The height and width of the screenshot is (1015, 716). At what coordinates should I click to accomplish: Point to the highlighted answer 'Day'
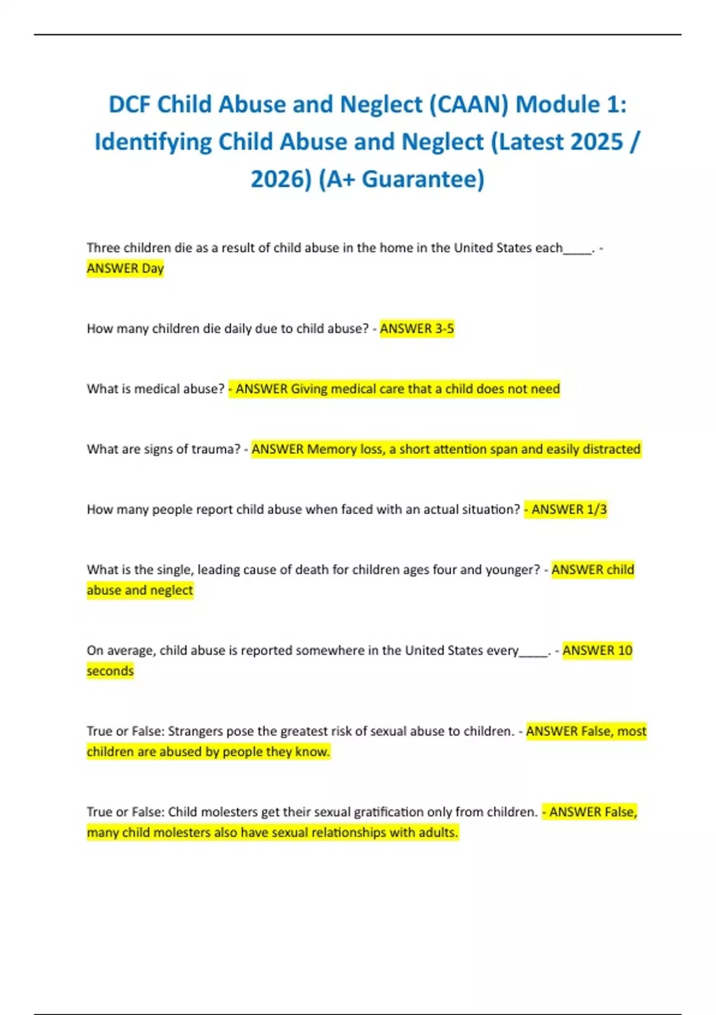[x=153, y=269]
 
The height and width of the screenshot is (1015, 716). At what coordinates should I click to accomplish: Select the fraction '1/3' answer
[x=597, y=509]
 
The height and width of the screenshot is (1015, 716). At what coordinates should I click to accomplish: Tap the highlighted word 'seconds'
[x=110, y=671]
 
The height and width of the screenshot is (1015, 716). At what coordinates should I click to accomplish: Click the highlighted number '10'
[x=625, y=650]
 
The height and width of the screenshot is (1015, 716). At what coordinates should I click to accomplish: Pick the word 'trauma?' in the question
[x=217, y=449]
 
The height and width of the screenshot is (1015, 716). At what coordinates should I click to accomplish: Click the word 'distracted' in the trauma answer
[x=611, y=449]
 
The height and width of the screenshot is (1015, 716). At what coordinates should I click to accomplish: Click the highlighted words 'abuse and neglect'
[x=140, y=590]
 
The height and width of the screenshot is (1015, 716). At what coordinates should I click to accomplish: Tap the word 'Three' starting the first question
[x=103, y=248]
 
